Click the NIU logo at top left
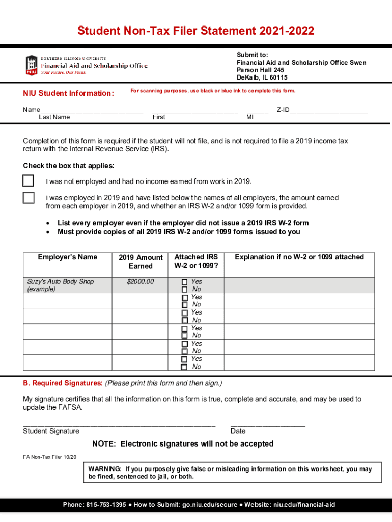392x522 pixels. [32, 65]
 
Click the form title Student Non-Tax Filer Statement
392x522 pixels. [195, 31]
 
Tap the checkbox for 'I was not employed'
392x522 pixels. [29, 181]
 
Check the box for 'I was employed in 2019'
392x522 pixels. [29, 198]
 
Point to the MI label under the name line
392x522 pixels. [250, 117]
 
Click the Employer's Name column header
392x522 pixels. [67, 257]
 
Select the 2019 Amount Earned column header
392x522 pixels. [141, 262]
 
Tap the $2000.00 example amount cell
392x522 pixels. [140, 281]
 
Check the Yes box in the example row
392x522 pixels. [185, 282]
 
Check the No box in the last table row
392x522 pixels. [185, 367]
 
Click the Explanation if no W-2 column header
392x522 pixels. [299, 257]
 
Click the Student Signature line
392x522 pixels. [119, 424]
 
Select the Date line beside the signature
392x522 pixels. [268, 424]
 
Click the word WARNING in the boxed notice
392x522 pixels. [104, 469]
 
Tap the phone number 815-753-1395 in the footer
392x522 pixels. [105, 505]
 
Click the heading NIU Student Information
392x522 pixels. [68, 93]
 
